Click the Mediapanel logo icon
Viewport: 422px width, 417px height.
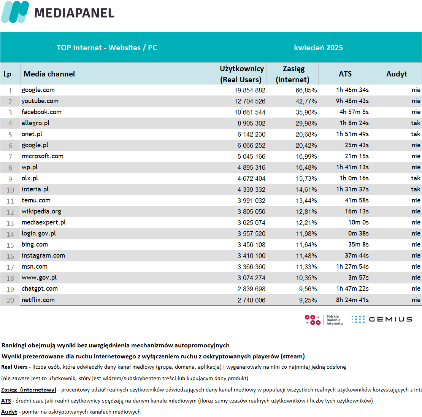(x=15, y=12)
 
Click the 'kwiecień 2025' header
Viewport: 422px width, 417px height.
(x=318, y=48)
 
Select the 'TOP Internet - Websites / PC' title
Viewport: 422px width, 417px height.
(x=107, y=48)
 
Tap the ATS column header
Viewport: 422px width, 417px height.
(x=345, y=74)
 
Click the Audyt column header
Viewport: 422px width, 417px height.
(x=397, y=74)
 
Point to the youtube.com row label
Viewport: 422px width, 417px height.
(x=40, y=101)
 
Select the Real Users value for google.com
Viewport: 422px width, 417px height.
(x=250, y=90)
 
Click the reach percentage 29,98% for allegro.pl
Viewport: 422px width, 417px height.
(x=306, y=123)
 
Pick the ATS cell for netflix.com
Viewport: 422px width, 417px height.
(x=352, y=300)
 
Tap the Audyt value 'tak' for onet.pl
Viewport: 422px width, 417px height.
(x=416, y=134)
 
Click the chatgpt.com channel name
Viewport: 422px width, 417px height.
(x=40, y=289)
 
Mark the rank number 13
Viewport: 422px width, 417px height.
(x=10, y=223)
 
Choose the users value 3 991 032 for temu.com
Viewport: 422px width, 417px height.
(x=251, y=201)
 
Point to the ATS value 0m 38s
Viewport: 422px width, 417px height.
(x=358, y=234)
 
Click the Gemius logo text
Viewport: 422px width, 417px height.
(x=390, y=320)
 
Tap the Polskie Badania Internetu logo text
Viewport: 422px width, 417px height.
(x=335, y=320)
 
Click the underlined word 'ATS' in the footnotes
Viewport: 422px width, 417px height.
(x=6, y=401)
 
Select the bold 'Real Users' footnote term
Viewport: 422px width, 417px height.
(x=14, y=367)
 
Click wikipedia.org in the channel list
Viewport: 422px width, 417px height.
(x=41, y=212)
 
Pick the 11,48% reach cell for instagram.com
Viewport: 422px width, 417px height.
(x=306, y=256)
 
